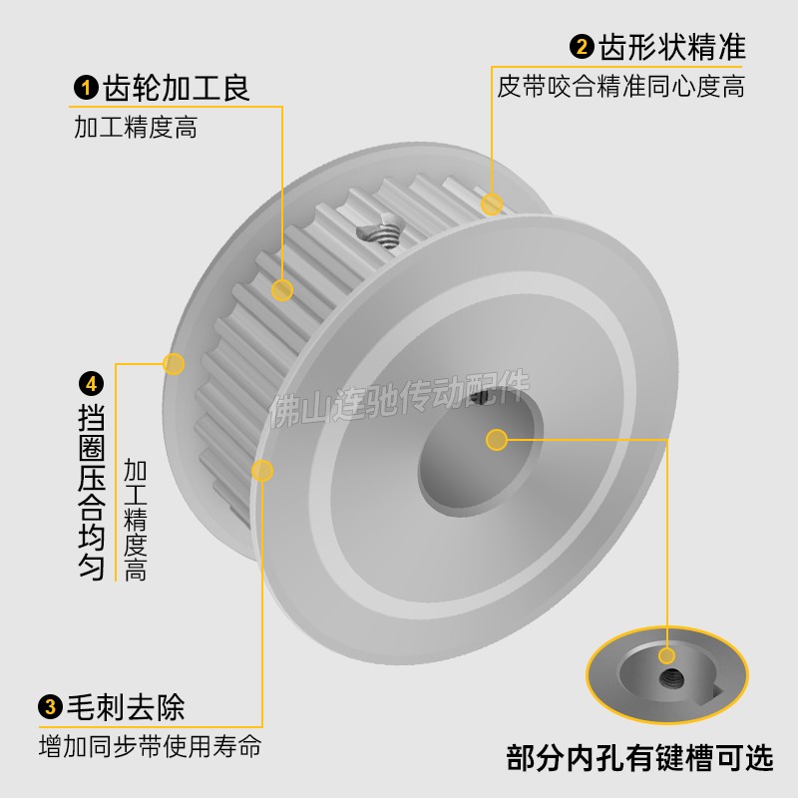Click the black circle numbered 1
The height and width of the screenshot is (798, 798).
pyautogui.click(x=84, y=89)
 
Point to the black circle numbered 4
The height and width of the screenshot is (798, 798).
pyautogui.click(x=91, y=383)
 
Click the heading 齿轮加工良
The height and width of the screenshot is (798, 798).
pyautogui.click(x=175, y=89)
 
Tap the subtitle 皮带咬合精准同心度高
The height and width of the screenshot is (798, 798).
pyautogui.click(x=620, y=87)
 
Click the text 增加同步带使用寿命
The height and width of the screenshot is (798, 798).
pyautogui.click(x=150, y=745)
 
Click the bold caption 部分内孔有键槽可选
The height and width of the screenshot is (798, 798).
pyautogui.click(x=639, y=759)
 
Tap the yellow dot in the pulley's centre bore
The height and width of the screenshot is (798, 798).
pyautogui.click(x=496, y=439)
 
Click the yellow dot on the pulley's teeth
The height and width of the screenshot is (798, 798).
pyautogui.click(x=282, y=290)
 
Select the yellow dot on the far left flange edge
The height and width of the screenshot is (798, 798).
pyautogui.click(x=174, y=363)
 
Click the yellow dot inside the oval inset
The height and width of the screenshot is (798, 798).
pyautogui.click(x=666, y=655)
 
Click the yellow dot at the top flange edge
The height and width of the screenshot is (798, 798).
pyautogui.click(x=491, y=204)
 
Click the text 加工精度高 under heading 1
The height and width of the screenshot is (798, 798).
pyautogui.click(x=135, y=129)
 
